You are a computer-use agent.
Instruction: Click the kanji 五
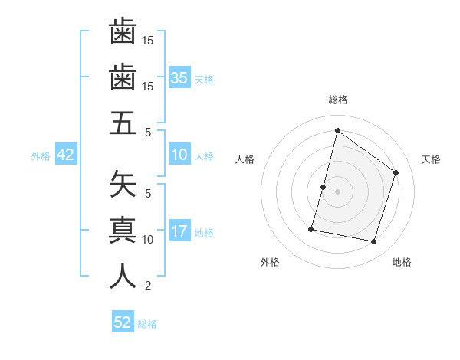point(123,123)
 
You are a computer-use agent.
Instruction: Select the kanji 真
point(123,229)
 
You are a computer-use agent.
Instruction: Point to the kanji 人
point(123,275)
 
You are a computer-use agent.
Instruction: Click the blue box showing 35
point(179,78)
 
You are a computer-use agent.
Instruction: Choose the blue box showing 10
point(179,155)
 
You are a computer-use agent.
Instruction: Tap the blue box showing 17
point(179,232)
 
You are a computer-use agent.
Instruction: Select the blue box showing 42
point(66,155)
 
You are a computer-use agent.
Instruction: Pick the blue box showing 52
point(123,322)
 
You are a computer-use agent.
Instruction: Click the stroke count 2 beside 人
point(148,286)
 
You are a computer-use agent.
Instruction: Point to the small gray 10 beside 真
point(149,240)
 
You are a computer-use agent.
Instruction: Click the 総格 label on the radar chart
point(338,100)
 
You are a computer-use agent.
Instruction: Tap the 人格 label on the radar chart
point(245,159)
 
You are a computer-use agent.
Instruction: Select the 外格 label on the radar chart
point(270,262)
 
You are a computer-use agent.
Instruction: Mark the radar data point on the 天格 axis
point(396,172)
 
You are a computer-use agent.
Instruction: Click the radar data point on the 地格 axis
point(373,241)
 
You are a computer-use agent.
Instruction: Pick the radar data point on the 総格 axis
point(337,130)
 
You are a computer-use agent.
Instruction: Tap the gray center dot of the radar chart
point(337,191)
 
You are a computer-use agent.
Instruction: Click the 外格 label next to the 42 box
point(41,156)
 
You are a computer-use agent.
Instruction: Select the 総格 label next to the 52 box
point(147,324)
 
